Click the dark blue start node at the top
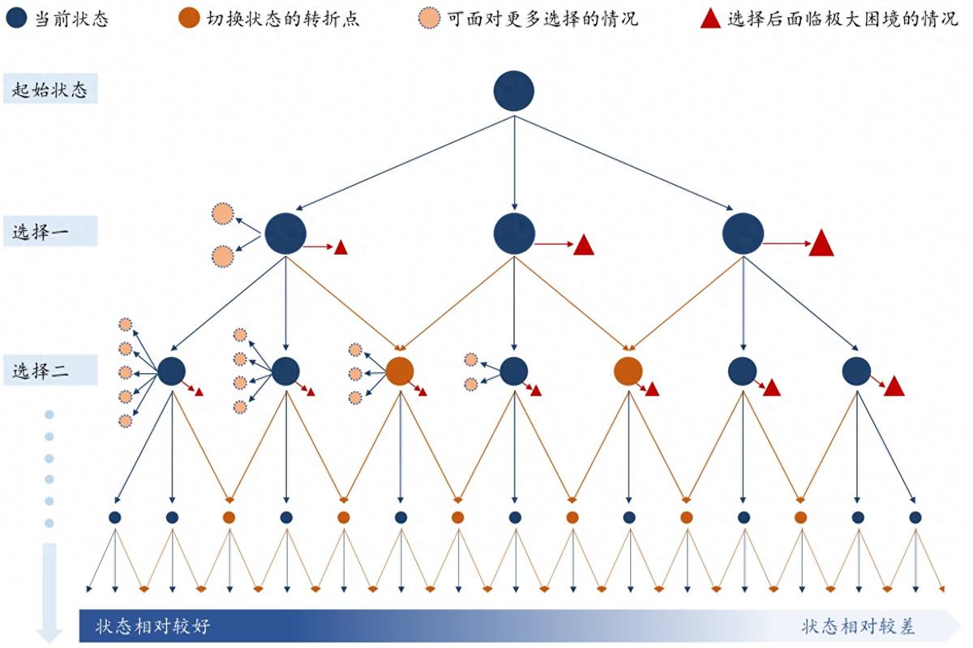(514, 91)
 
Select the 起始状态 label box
(50, 88)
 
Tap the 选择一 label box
(50, 231)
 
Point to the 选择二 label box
(50, 371)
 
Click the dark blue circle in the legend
(16, 18)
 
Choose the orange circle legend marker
(189, 18)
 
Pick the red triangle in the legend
(710, 19)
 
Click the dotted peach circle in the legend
(429, 19)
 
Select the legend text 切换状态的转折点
(283, 19)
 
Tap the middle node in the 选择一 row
(514, 234)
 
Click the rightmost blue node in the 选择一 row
(743, 234)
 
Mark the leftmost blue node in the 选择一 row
(285, 234)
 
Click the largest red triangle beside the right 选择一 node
(821, 244)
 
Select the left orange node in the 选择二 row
(400, 371)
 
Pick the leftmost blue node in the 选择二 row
(171, 371)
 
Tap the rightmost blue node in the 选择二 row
(856, 371)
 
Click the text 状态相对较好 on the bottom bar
(152, 626)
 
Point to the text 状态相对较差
(859, 626)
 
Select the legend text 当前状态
(71, 19)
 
